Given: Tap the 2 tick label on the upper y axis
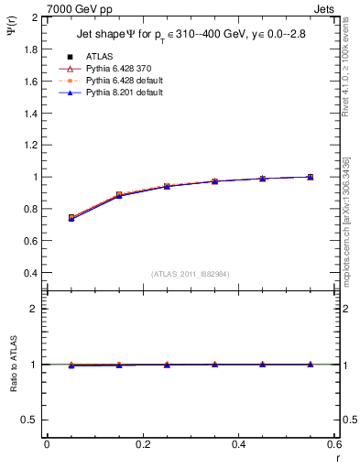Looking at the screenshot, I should click(x=35, y=17).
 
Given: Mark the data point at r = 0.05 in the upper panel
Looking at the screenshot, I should click(x=71, y=218).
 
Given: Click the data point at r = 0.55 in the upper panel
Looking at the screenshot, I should click(x=310, y=177).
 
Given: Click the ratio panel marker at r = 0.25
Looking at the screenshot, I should click(x=167, y=365).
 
